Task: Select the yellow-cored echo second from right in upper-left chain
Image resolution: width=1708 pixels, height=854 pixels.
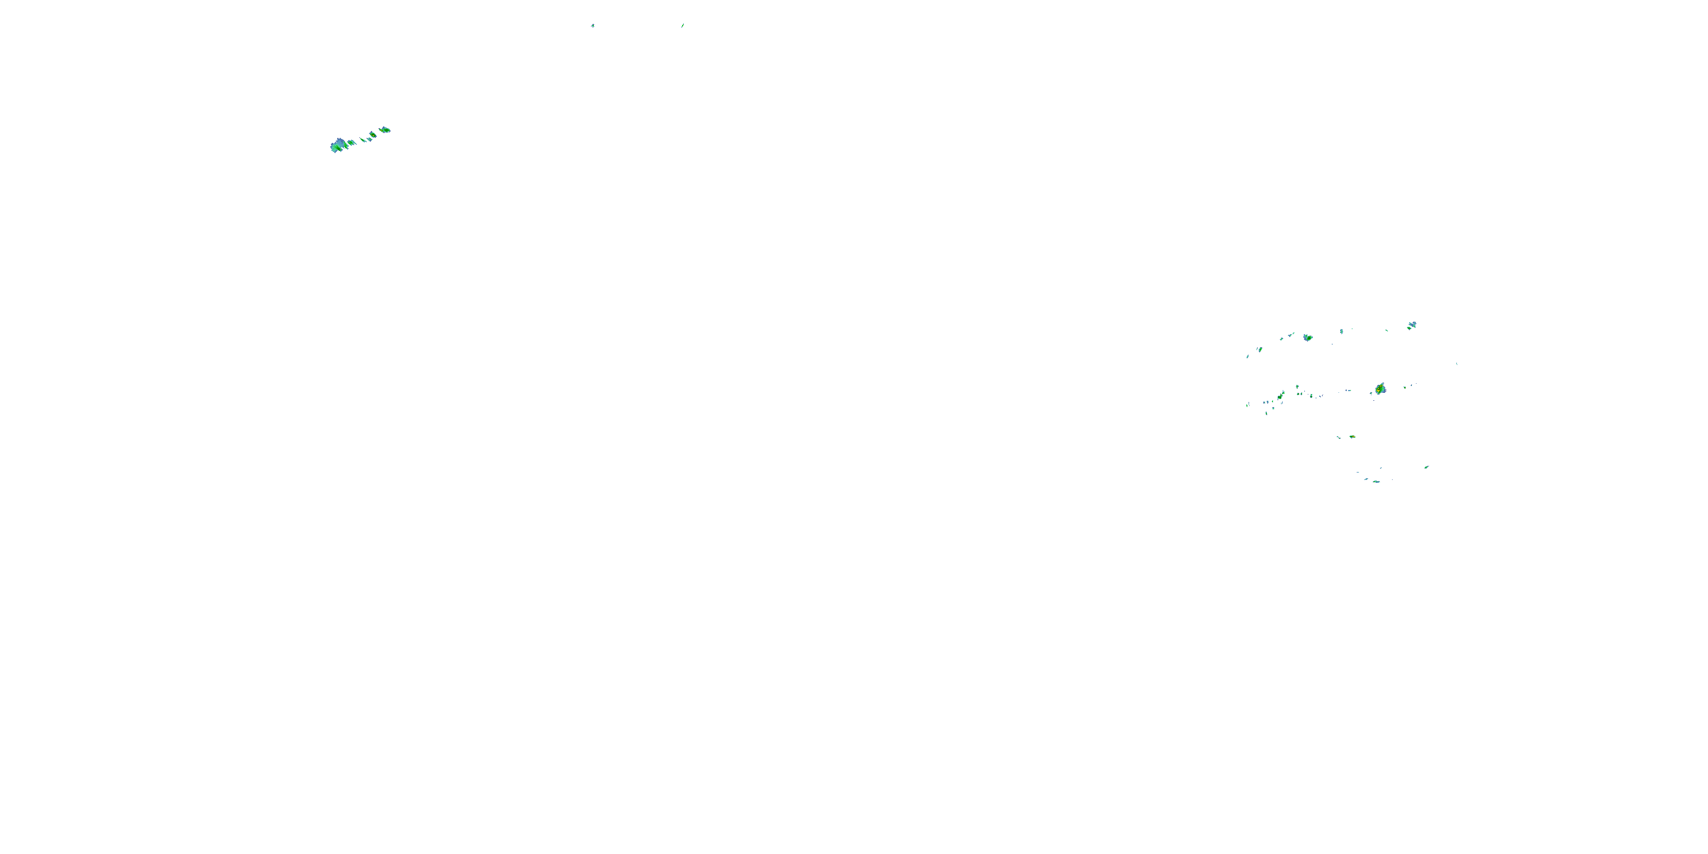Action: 373,134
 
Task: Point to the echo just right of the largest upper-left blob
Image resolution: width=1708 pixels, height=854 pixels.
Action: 352,142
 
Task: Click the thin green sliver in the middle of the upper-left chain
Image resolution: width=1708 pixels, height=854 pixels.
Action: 362,139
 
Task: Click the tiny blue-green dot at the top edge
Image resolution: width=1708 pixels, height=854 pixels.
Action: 593,26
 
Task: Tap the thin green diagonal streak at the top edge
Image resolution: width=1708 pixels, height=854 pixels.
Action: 682,26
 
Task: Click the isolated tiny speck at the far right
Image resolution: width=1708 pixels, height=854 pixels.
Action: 1457,363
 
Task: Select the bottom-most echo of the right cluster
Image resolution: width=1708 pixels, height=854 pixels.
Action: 1376,481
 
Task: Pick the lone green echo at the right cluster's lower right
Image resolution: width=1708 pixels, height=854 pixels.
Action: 1426,467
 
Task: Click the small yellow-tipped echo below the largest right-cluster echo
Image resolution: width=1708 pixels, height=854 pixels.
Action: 1352,437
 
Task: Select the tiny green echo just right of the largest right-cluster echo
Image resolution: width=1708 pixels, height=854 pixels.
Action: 1405,387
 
